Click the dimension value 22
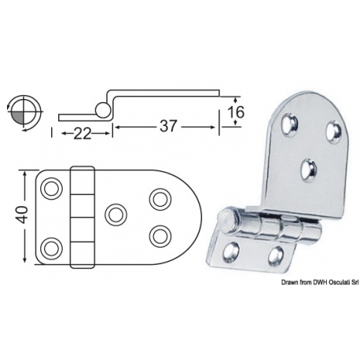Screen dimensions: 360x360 [82, 134]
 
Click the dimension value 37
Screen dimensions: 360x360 [168, 126]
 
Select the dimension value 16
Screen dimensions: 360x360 [235, 112]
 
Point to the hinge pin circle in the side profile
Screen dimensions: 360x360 [102, 109]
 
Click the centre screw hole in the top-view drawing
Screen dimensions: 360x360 [116, 215]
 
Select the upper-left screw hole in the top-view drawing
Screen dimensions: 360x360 [52, 189]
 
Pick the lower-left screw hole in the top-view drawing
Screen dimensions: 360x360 [52, 248]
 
